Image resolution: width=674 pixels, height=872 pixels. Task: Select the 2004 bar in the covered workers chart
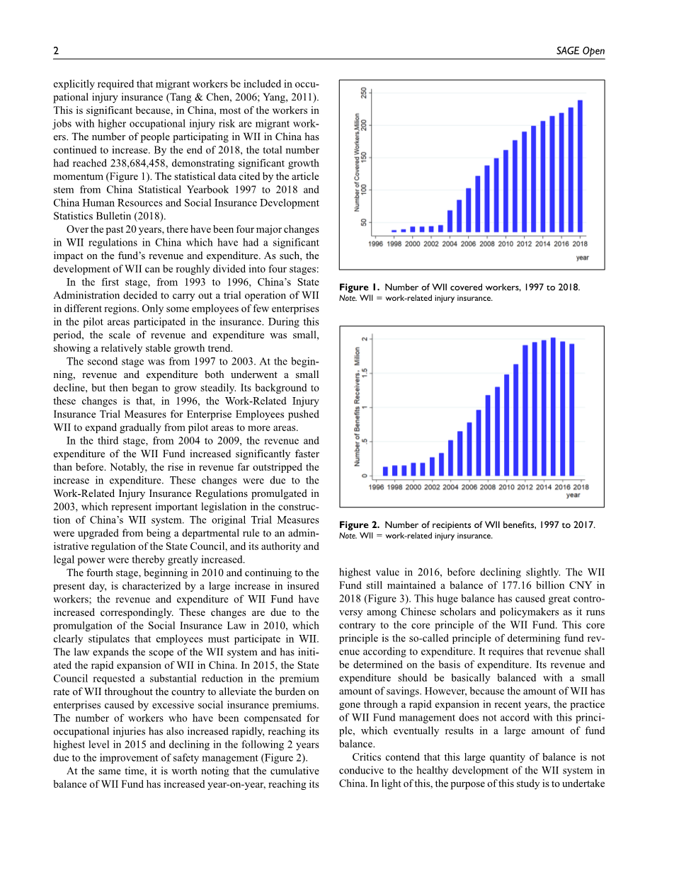(450, 222)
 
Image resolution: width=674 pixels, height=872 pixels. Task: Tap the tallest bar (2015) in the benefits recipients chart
(553, 407)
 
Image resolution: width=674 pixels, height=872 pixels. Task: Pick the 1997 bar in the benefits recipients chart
(385, 471)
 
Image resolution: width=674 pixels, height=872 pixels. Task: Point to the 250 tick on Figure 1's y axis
(364, 93)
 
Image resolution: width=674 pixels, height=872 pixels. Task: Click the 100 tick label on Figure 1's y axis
(364, 190)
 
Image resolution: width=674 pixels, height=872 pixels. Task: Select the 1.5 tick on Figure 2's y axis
(364, 373)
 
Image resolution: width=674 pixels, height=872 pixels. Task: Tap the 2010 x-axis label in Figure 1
(505, 243)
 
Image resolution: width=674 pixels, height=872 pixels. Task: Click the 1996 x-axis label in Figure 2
(376, 487)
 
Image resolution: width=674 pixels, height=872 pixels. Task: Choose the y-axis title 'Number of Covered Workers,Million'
(358, 161)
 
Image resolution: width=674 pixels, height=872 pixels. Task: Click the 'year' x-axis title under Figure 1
(582, 258)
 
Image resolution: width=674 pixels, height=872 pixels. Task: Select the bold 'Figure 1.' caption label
(359, 287)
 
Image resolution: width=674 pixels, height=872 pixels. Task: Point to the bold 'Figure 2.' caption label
(359, 524)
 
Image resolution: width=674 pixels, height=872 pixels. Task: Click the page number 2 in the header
(56, 51)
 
